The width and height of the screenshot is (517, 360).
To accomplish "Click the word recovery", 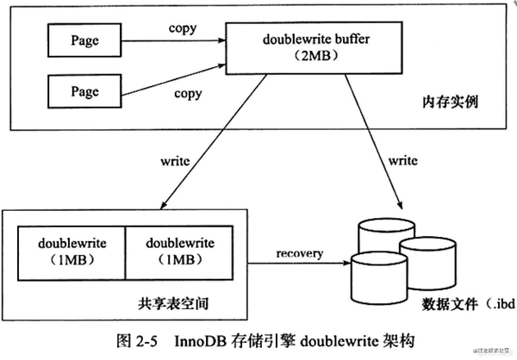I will pyautogui.click(x=300, y=253).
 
